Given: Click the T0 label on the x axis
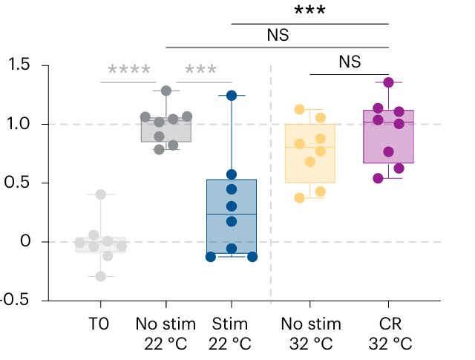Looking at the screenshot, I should coord(100,324).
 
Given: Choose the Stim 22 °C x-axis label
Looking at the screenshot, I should coord(232,334).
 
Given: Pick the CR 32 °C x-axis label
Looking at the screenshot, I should coord(389,334).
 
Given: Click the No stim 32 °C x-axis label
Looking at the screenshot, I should coord(310,334).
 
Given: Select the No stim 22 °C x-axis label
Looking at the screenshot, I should coord(166,334).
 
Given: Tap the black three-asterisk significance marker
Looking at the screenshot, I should coord(310,11).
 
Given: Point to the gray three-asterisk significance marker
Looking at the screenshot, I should coord(200,71).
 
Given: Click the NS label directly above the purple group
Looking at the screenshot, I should coord(349,62).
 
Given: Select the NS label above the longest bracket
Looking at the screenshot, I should coord(278,35).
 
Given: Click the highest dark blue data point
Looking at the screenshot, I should coord(232,96).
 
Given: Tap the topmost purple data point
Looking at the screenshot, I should coord(389,82).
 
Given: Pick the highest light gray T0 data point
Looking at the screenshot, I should coord(101,194).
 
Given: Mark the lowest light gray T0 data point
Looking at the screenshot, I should coord(101,276).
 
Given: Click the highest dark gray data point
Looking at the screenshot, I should coord(166,91).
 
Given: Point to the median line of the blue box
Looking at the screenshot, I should coord(232,214).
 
